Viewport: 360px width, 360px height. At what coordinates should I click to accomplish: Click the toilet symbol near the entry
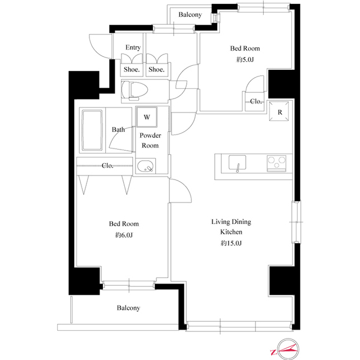[134, 90]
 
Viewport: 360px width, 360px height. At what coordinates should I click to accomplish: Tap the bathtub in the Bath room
[92, 130]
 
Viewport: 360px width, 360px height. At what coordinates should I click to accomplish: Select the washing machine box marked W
[147, 118]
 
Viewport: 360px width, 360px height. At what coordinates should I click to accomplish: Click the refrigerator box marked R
[280, 111]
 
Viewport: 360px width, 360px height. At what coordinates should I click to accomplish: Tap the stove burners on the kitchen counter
[277, 163]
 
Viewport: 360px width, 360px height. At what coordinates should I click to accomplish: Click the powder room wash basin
[146, 166]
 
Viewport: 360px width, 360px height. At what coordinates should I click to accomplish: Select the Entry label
[133, 47]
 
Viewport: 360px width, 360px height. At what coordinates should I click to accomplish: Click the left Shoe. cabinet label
[133, 70]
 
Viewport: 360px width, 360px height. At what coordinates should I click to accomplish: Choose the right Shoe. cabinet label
[156, 70]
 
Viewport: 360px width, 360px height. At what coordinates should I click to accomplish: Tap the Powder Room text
[150, 141]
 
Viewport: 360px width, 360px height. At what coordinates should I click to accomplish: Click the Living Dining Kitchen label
[231, 227]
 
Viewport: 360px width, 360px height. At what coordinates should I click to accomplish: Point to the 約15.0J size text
[231, 243]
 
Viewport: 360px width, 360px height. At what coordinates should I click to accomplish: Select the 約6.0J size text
[123, 235]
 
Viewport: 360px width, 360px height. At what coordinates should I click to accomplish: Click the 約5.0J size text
[245, 60]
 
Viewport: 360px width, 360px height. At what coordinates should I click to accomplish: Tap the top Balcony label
[190, 15]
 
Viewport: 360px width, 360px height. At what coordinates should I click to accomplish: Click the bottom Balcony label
[128, 308]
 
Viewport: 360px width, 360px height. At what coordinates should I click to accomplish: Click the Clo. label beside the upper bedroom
[256, 102]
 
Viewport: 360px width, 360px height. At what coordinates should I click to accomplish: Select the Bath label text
[118, 130]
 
